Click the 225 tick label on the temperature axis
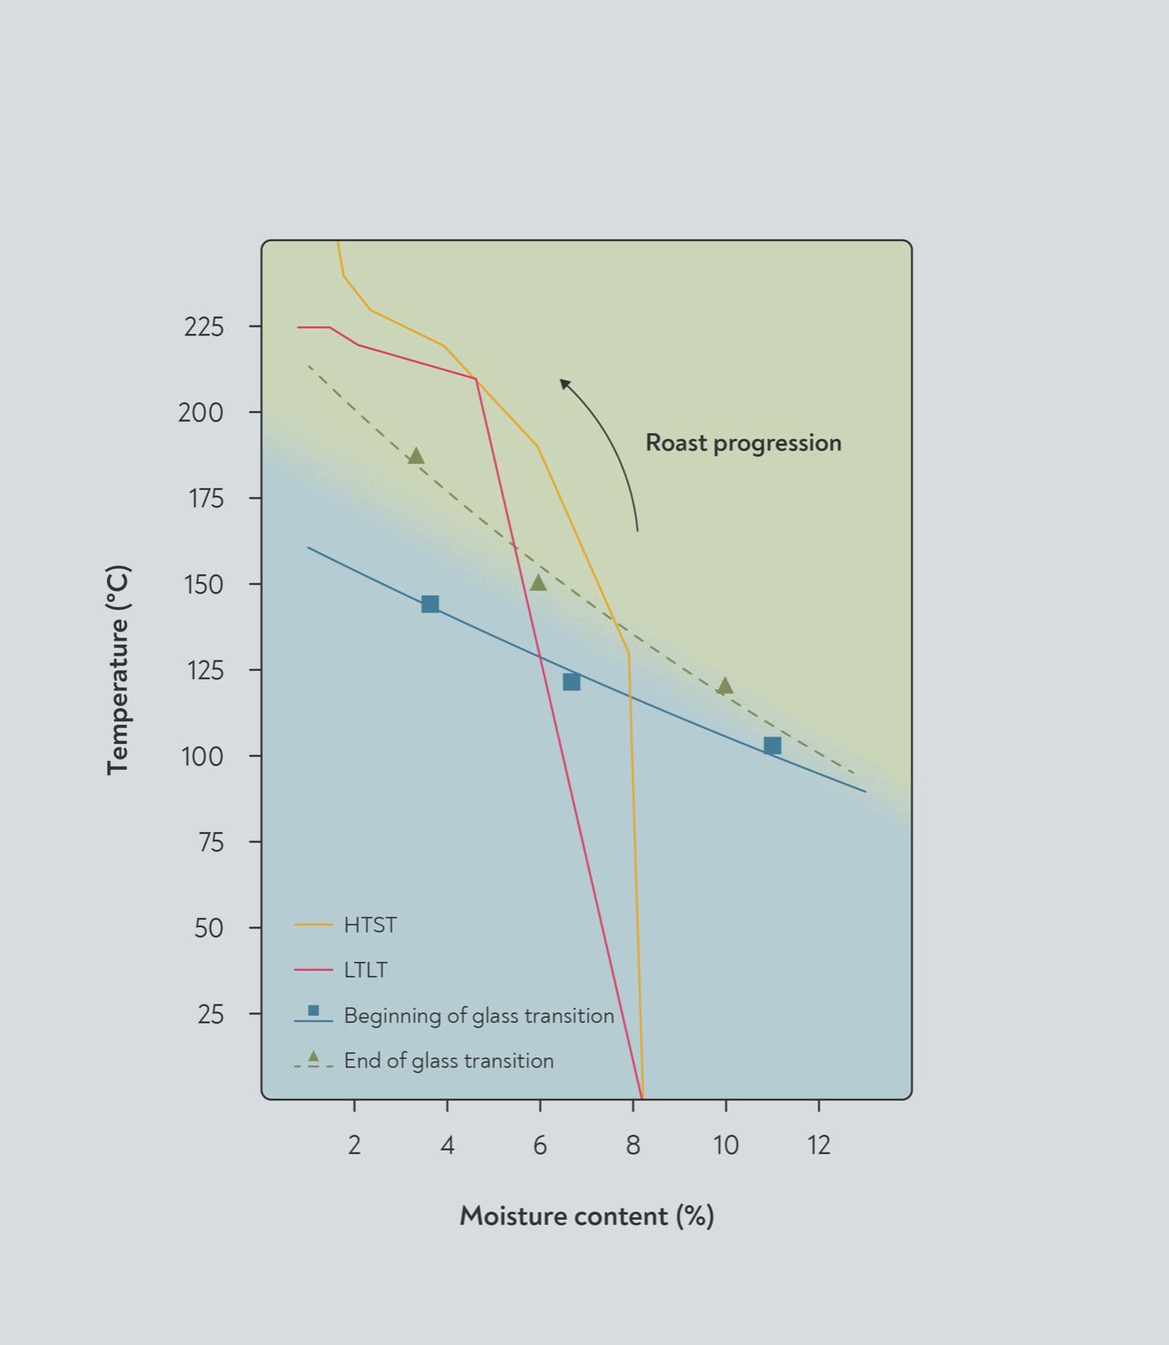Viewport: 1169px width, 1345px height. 204,327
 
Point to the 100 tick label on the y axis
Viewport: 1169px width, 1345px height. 203,757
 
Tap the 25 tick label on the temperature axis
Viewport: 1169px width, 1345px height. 211,1015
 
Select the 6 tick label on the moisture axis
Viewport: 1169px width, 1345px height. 540,1145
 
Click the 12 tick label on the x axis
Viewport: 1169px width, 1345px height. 819,1145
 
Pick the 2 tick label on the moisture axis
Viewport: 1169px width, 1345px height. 355,1145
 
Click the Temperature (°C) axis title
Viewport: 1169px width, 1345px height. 118,670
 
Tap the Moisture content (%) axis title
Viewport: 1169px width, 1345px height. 587,1216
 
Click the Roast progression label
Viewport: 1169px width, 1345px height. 744,443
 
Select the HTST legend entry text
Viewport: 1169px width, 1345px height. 370,926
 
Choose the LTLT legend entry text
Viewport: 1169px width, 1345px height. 366,970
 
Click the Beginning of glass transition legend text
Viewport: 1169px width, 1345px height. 479,1015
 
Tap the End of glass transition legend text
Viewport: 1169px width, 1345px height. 449,1061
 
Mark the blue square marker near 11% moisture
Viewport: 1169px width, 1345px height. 772,746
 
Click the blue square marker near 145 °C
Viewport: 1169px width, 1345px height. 430,604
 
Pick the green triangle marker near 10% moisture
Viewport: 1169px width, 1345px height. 725,686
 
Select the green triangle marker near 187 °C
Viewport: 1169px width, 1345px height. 415,456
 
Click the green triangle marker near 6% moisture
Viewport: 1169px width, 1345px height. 539,583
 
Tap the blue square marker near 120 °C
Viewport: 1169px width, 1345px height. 571,682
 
